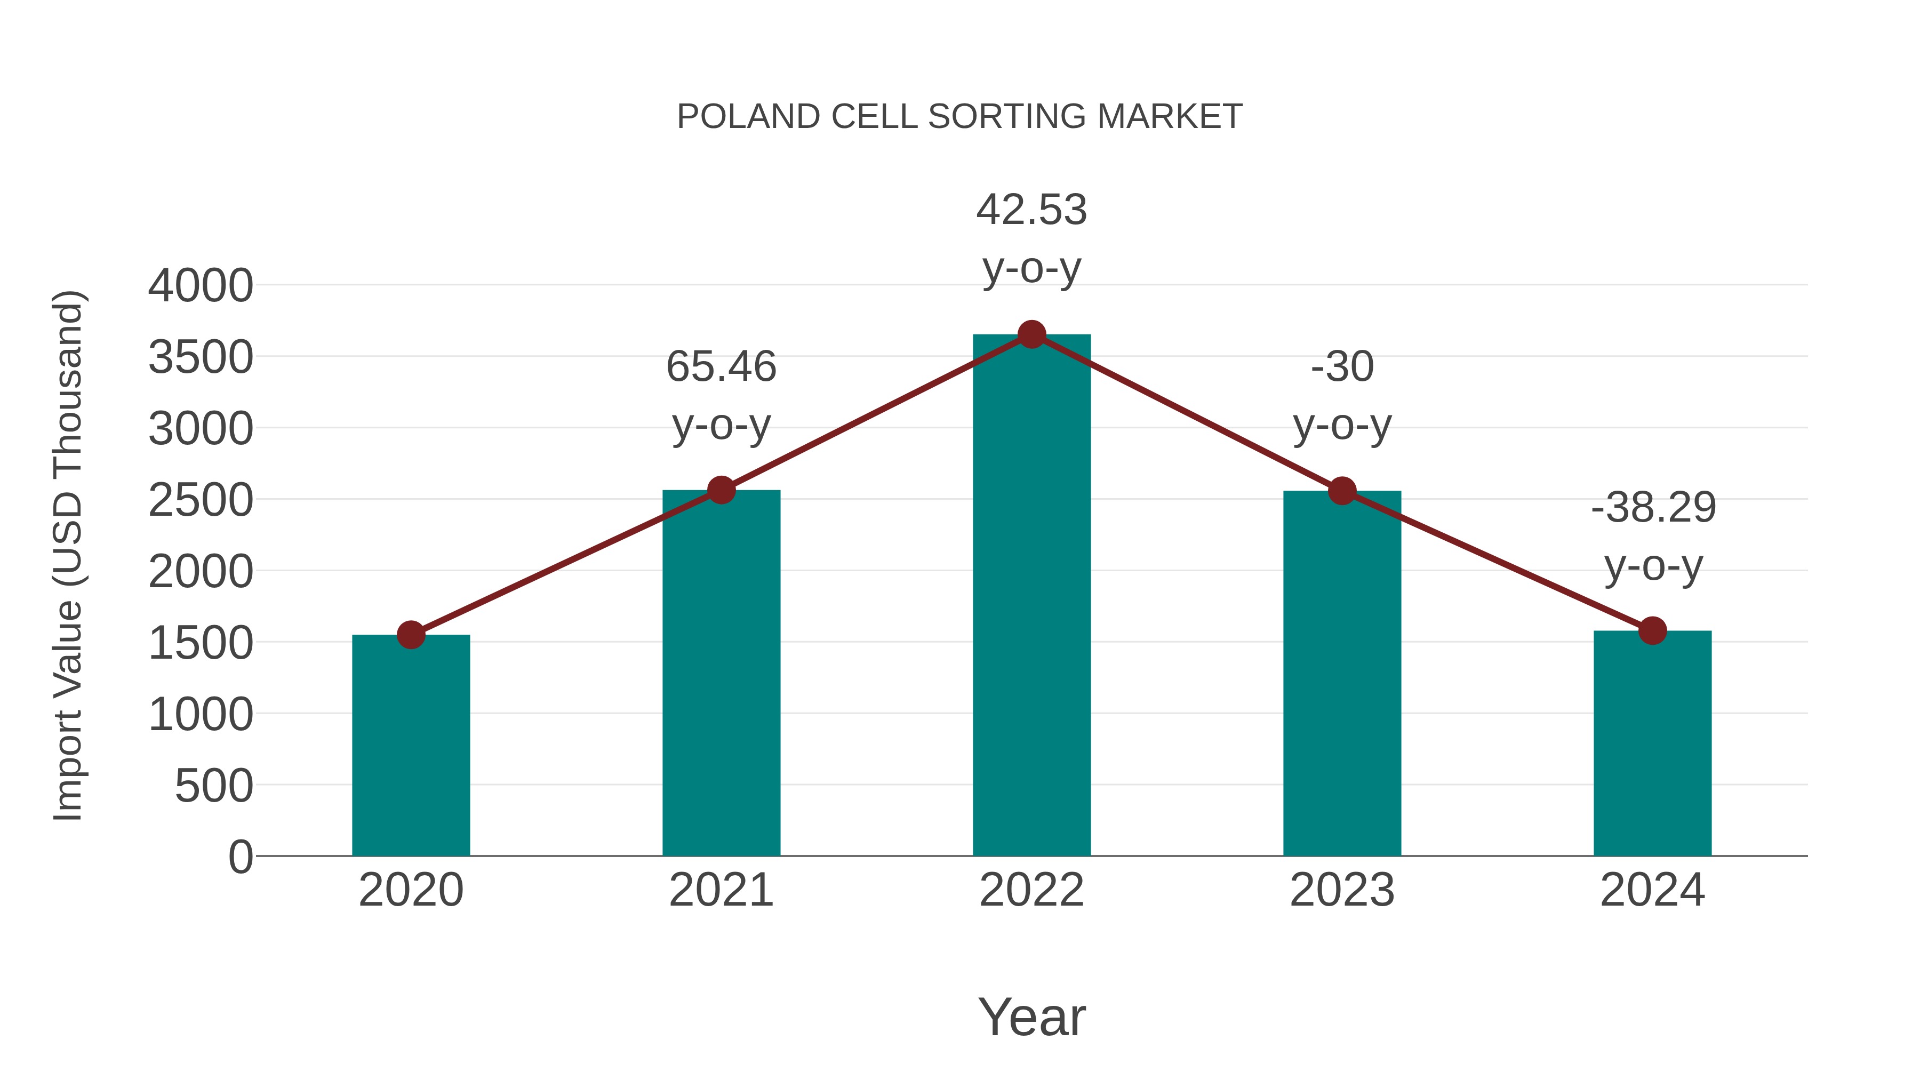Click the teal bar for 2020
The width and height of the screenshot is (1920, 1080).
click(x=411, y=746)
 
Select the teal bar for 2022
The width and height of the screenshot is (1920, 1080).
click(x=1031, y=596)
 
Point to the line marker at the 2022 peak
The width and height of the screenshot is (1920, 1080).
click(x=1031, y=334)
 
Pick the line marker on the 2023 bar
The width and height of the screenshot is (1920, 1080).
click(x=1342, y=491)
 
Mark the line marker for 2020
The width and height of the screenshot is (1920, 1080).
click(x=411, y=635)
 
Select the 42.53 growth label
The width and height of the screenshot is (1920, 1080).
click(x=1031, y=210)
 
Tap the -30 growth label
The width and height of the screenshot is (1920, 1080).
click(x=1342, y=367)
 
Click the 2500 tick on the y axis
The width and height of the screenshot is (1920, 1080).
click(x=201, y=500)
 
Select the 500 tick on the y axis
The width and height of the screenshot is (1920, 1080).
click(x=214, y=786)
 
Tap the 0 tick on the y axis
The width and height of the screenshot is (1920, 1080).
click(x=241, y=857)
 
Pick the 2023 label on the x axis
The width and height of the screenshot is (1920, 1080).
click(x=1342, y=890)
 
